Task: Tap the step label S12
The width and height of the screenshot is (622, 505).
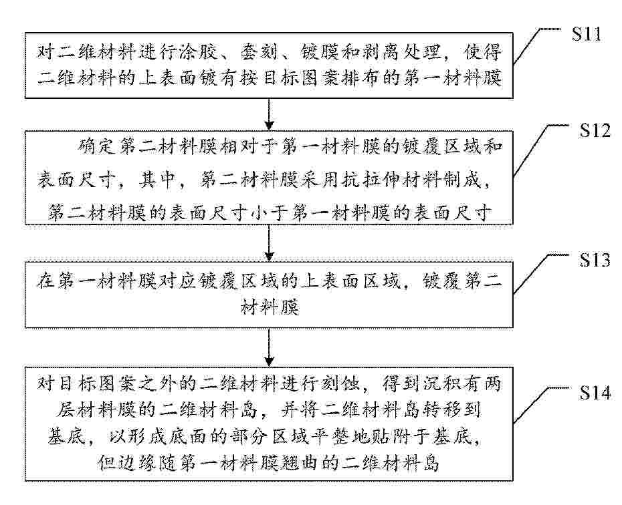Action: pos(595,130)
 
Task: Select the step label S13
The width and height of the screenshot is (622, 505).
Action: pos(595,260)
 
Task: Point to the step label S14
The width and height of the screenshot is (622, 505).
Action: pos(595,393)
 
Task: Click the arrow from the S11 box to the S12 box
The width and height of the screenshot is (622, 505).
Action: pos(270,114)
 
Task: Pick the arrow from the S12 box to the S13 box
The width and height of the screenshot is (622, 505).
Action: pos(270,242)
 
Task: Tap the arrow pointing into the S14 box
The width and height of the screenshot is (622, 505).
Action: pos(270,347)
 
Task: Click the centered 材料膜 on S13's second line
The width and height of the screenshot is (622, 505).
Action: pos(270,307)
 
